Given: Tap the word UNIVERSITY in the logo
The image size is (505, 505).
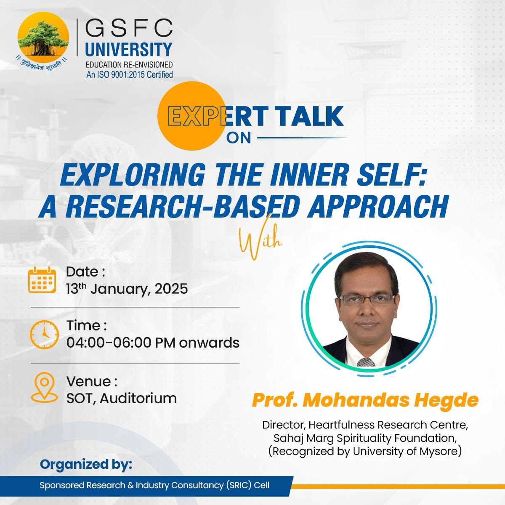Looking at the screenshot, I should pos(129,50).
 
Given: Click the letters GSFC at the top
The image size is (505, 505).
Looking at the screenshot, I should pos(129,29).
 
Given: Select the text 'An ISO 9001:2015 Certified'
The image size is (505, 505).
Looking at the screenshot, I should pos(130,74).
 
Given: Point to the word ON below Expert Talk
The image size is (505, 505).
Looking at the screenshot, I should pos(238,138).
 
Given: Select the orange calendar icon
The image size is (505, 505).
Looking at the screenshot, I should pos(42,280).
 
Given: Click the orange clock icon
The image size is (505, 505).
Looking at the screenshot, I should pos(44,334).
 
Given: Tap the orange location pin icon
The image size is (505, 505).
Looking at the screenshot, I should pos(44,387).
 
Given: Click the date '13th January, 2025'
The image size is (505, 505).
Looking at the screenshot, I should pos(127,289).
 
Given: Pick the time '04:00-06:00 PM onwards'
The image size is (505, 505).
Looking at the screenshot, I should pos(153,343).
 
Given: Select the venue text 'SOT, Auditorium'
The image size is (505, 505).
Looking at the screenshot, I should pos(122,398).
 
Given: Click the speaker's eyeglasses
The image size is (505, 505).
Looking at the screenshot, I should pos(366,299).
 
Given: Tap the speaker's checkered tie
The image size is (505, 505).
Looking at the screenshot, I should pos(366,362).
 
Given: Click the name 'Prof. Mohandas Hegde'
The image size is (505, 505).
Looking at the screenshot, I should pos(365,400).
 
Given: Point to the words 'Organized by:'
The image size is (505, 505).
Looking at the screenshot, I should pos(86,465).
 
